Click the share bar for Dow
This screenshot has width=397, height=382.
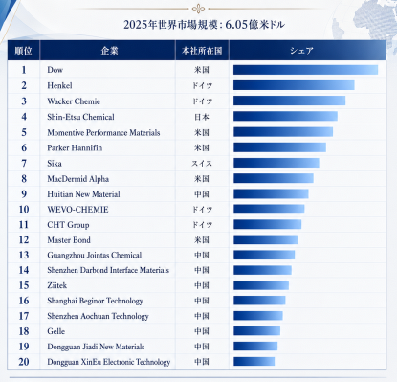click(305, 70)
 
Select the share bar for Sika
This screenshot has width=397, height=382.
click(276, 163)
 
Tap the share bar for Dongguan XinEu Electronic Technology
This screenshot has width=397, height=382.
click(254, 362)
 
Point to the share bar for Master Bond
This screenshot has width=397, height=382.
click(266, 239)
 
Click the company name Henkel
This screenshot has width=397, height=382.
click(59, 85)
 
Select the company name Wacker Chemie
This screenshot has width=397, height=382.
click(74, 101)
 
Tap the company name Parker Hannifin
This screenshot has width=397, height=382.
click(75, 147)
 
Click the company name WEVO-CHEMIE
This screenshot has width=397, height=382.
click(77, 210)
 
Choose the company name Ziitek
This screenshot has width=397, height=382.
click(57, 285)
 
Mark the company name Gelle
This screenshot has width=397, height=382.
click(56, 331)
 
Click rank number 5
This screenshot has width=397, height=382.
click(24, 132)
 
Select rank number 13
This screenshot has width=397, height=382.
click(24, 255)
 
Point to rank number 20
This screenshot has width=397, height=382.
click(24, 362)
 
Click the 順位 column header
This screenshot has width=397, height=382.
click(24, 51)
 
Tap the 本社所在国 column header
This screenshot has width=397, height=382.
click(202, 51)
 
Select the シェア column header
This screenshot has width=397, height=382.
click(301, 51)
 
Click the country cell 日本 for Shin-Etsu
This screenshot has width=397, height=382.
click(202, 117)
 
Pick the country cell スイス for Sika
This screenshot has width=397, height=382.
click(202, 163)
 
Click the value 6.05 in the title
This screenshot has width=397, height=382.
click(236, 25)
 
